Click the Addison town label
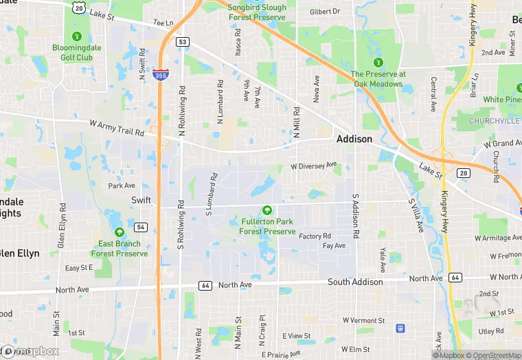354,139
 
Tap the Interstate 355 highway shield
160,77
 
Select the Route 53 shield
181,42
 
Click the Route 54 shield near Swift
141,227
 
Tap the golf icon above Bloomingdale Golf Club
77,36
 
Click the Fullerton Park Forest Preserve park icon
266,210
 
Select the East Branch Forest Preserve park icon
120,232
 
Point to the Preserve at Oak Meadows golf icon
378,61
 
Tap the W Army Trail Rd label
117,128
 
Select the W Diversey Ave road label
313,166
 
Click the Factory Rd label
315,236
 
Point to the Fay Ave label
334,246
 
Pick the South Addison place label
355,282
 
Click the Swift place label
141,200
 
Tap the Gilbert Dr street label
325,12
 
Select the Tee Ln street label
163,23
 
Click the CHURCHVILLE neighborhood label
493,121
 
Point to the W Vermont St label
363,321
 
